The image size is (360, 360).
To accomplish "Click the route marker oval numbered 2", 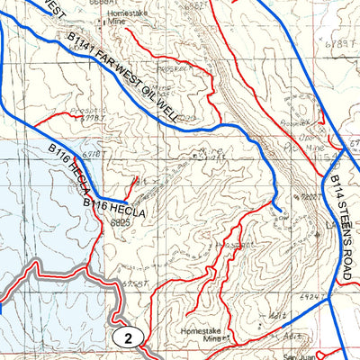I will point(130,338).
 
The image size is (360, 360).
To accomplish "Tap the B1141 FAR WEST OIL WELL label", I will point(126,78).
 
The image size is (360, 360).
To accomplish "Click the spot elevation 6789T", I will point(338,43).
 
